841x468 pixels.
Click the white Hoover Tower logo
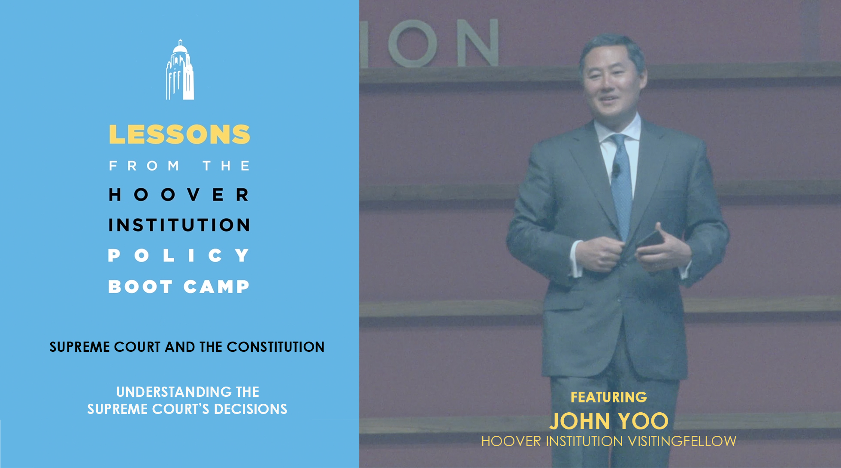[x=180, y=70]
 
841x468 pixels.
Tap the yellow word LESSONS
[x=179, y=135]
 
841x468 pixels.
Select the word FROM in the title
[x=144, y=166]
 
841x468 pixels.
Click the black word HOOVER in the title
[x=179, y=195]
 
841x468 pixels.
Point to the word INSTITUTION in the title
[x=179, y=225]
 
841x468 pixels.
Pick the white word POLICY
[x=179, y=255]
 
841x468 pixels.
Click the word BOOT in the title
[x=140, y=286]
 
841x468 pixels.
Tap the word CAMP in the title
[x=217, y=286]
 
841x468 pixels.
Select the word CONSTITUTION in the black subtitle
[x=275, y=347]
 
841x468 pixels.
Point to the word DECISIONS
[x=251, y=409]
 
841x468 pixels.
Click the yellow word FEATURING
[x=608, y=397]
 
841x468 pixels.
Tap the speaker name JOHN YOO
[x=609, y=421]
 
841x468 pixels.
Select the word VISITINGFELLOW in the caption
[x=682, y=441]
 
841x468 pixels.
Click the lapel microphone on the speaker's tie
[x=616, y=171]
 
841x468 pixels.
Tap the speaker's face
[x=612, y=84]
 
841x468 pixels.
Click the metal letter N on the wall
[x=478, y=42]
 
